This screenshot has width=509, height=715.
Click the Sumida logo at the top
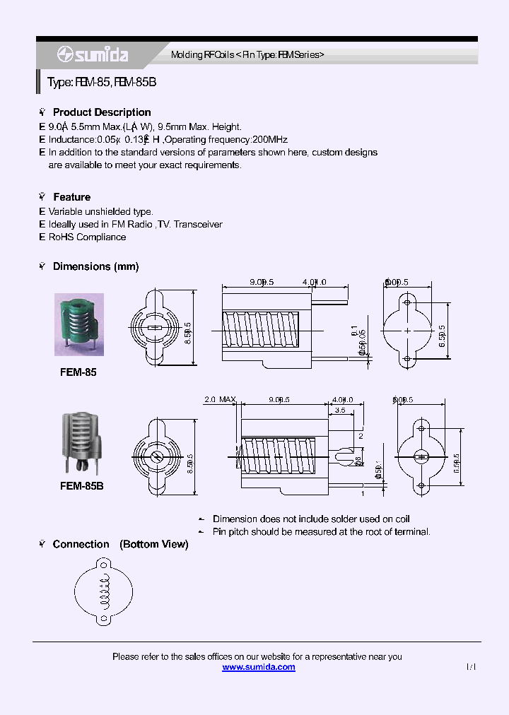(x=92, y=54)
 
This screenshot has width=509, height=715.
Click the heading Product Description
(x=102, y=112)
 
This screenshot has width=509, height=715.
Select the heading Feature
(x=71, y=197)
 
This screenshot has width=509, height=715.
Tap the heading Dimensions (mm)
(x=95, y=266)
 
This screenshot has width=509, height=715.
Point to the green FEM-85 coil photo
(x=79, y=324)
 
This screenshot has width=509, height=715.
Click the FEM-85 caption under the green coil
(x=78, y=372)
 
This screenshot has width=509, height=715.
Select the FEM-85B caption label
(x=82, y=486)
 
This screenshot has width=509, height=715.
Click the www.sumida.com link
(x=259, y=667)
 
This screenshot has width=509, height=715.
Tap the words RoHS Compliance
(x=87, y=237)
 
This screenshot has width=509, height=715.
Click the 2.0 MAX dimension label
(x=219, y=400)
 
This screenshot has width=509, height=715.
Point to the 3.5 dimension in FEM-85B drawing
(x=339, y=410)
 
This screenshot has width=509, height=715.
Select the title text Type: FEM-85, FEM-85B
(x=102, y=82)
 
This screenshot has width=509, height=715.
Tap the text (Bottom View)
(x=154, y=544)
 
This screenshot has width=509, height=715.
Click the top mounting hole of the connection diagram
(x=105, y=565)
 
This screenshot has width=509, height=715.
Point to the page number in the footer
(x=472, y=667)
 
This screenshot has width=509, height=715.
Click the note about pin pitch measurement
(x=322, y=531)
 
